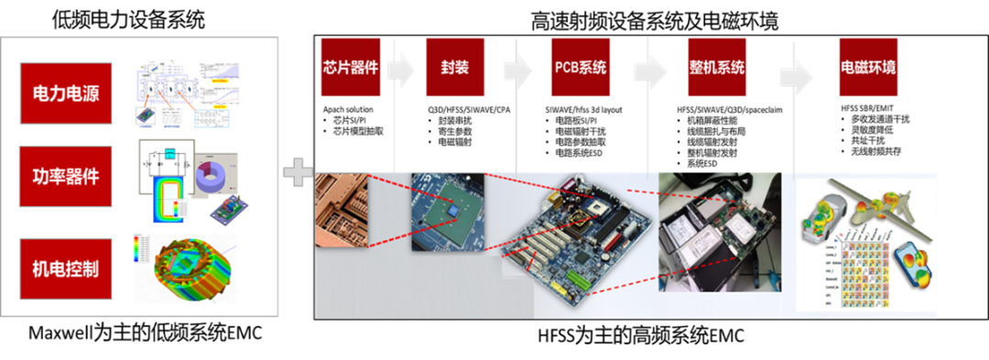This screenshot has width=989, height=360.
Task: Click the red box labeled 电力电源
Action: (x=66, y=93)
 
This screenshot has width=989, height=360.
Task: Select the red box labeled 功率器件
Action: (x=66, y=176)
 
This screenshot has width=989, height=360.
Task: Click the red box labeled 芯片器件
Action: (x=350, y=68)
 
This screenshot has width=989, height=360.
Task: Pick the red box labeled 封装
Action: (x=455, y=68)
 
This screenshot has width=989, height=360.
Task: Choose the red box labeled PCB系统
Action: (x=581, y=68)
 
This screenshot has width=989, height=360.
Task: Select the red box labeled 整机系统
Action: (x=717, y=68)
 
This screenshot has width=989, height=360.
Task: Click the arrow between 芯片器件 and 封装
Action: (x=401, y=71)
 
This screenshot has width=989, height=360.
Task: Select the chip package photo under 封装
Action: (x=447, y=211)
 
